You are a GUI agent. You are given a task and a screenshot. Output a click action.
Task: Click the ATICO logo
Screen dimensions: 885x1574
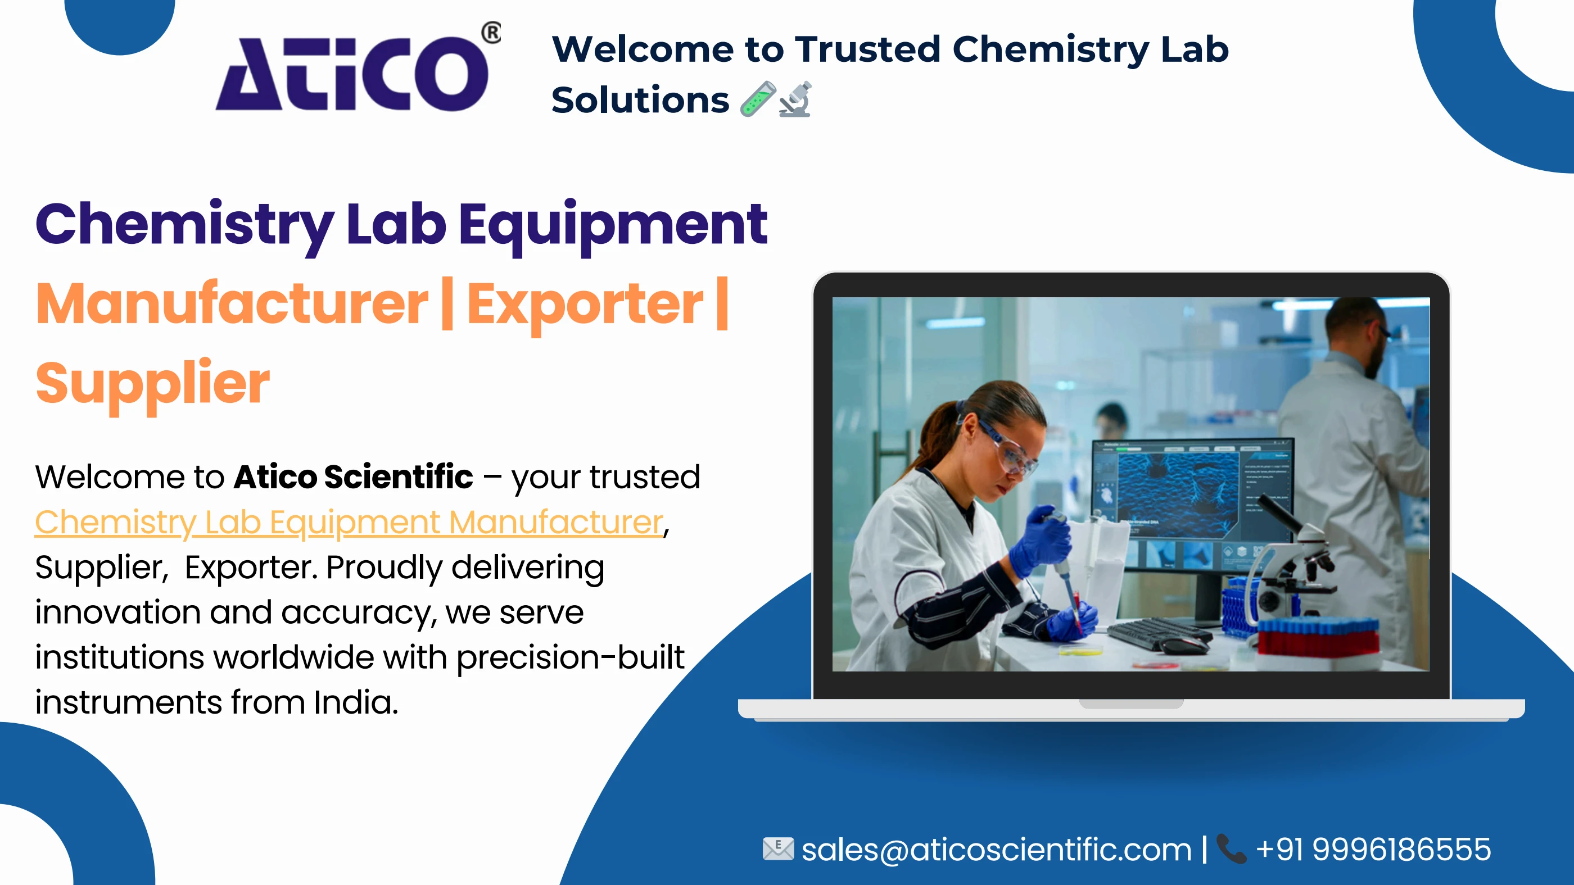352,73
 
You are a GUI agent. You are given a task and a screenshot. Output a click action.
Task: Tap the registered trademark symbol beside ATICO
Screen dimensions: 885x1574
491,33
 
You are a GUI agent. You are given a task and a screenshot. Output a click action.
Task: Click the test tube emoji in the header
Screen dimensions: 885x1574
757,99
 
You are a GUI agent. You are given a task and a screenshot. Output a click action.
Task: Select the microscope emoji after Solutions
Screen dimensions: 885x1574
795,99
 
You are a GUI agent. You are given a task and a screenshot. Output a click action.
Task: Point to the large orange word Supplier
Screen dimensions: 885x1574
153,383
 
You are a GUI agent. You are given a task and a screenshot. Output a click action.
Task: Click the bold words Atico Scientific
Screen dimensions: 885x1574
353,477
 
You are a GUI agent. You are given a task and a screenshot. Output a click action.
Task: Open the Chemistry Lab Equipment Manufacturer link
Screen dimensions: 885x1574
349,523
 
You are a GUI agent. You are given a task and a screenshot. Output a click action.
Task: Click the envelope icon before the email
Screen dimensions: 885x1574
778,849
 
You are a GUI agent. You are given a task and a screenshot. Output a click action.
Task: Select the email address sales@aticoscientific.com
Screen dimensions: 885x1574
996,850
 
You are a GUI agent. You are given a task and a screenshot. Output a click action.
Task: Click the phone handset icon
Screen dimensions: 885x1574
1231,849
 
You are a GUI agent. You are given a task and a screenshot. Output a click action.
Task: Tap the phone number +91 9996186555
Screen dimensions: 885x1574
1373,850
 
